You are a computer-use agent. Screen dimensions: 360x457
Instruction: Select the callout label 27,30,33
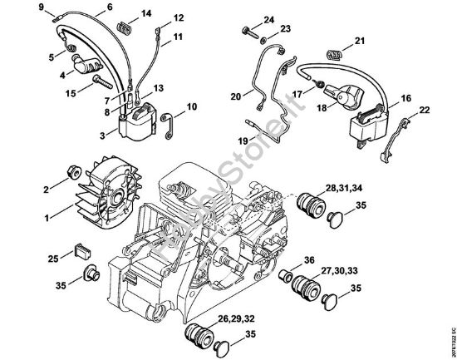pyautogui.click(x=342, y=271)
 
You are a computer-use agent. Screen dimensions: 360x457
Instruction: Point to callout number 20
pyautogui.click(x=235, y=96)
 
